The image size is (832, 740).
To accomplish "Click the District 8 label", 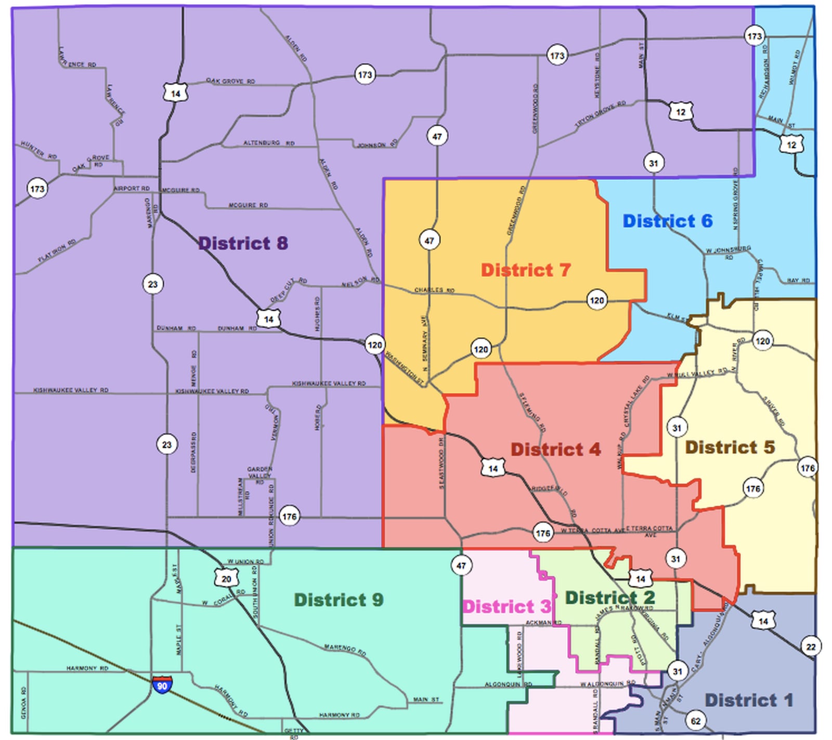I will click(x=243, y=243).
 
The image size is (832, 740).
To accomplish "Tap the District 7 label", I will click(x=525, y=270).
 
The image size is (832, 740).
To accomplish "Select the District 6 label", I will click(x=667, y=221).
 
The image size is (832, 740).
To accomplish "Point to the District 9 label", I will click(x=339, y=600).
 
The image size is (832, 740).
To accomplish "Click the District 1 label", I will click(x=748, y=701).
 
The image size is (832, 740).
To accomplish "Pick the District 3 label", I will click(x=506, y=607).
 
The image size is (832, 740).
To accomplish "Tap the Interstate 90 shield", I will click(x=162, y=684).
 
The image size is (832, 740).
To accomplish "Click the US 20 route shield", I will click(x=226, y=578).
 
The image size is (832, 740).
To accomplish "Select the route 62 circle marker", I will click(x=696, y=721).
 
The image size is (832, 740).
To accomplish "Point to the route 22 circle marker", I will click(x=811, y=647).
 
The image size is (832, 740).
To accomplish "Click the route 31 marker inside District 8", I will click(x=653, y=163).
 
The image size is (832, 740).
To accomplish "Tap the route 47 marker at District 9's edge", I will click(x=461, y=565).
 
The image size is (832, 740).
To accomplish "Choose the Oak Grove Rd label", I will click(x=230, y=82).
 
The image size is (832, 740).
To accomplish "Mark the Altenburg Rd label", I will click(x=269, y=143).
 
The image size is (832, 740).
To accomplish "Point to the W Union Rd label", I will click(x=245, y=562).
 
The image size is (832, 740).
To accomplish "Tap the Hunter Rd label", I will click(x=38, y=150).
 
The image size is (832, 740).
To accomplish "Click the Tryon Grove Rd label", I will click(x=601, y=115).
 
